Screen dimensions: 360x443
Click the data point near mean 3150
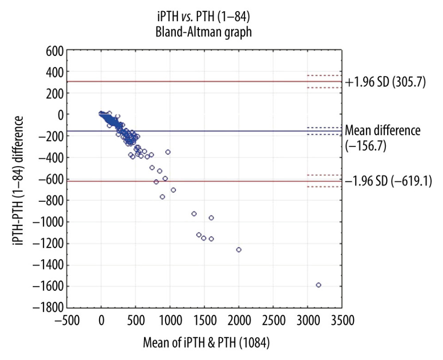point(318,285)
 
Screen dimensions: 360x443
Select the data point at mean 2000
point(239,250)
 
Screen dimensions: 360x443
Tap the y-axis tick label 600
point(53,50)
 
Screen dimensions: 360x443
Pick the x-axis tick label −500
point(66,321)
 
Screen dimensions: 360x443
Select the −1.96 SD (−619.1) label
point(388,181)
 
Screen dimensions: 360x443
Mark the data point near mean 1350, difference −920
point(194,214)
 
